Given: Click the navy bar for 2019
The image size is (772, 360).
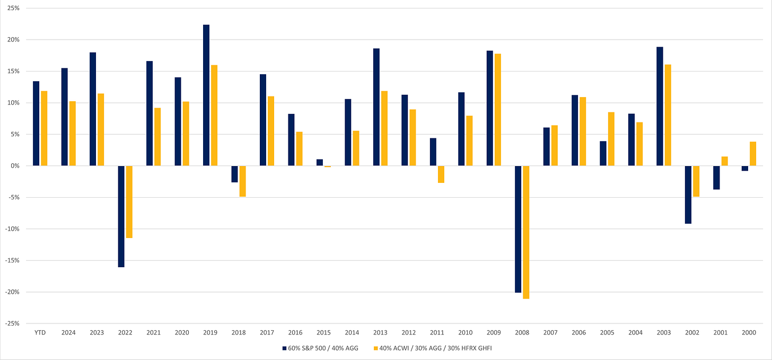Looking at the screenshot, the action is pos(206,95).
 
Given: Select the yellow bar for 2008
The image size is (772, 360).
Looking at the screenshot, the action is pos(526,232).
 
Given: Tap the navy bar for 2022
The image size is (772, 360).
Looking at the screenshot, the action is pos(121,216).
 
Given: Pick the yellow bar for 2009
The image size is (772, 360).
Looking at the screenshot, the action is pos(498,110).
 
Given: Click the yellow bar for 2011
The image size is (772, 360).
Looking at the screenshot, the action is pos(441,174).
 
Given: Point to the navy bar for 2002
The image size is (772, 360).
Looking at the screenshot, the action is pos(688,195).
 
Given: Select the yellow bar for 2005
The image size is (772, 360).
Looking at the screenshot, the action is pos(611,139).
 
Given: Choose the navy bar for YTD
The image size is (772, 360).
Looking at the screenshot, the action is pos(36,124).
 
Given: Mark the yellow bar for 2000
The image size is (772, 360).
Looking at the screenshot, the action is pos(753,154).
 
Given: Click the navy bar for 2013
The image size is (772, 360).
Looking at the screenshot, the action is pos(376,107).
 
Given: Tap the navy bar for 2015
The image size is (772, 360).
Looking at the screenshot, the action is pos(320,163).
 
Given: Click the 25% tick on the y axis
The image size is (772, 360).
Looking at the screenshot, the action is pos(13,8).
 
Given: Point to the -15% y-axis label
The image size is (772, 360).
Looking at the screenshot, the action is pos(12,260).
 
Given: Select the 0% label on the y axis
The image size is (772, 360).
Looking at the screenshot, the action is pos(15,166).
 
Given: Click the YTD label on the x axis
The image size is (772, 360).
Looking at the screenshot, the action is pos(40,332).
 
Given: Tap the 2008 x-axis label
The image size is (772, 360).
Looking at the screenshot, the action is pos(522,332).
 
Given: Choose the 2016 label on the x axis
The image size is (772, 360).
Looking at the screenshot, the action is pos(295,332).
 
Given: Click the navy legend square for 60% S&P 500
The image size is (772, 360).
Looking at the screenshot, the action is pos(284,348).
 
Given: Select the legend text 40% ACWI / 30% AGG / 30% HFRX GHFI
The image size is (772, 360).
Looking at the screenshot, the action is pos(436,348).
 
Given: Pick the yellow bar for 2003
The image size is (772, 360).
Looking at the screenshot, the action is pos(668,115).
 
